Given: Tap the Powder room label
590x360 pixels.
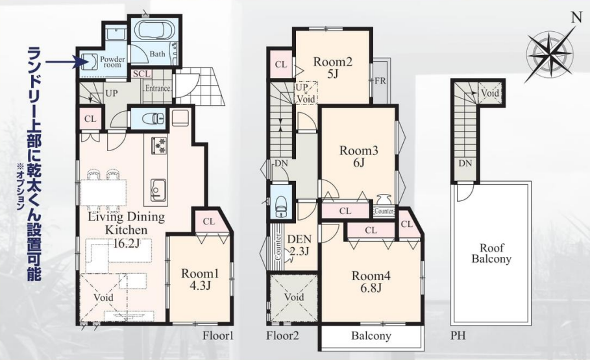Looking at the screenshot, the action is (112, 62).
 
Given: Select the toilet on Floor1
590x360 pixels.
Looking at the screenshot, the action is (153, 119).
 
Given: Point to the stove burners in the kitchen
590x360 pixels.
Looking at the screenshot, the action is (158, 145).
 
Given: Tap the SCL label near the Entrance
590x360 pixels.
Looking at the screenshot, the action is (141, 74).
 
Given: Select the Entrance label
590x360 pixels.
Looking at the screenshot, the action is (158, 88).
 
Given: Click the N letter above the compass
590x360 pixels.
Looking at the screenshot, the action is (574, 18).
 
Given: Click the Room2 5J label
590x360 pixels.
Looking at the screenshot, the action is (332, 67).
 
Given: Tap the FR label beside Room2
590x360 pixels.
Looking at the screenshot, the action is (380, 80).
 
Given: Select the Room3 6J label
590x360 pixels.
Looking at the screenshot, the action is (358, 156).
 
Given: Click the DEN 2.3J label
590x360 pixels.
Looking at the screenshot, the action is (299, 245).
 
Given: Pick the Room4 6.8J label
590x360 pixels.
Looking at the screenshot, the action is (371, 282).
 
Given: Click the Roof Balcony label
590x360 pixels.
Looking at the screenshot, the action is (491, 253).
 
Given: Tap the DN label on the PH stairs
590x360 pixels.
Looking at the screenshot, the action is (465, 163).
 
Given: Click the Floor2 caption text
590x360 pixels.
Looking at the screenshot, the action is (282, 335).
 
